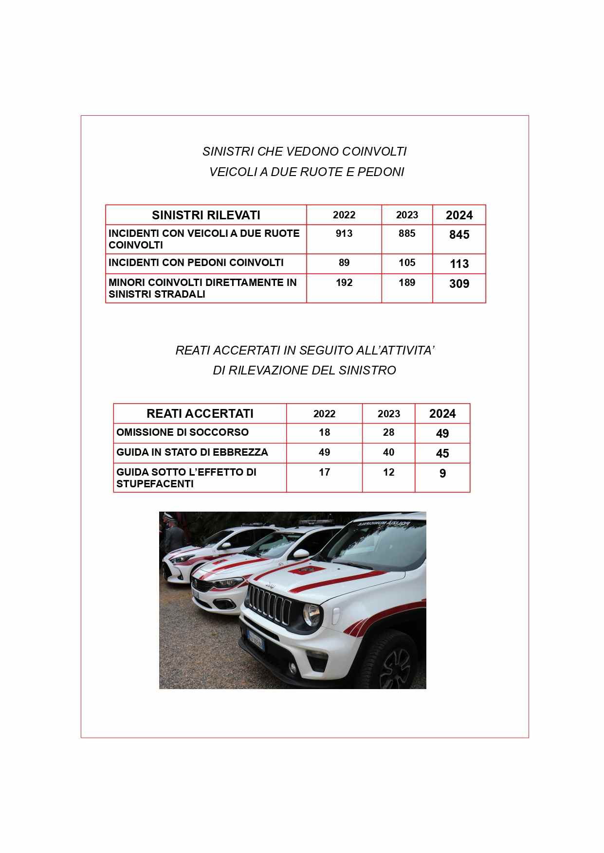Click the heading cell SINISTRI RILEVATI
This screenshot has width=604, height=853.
click(x=206, y=215)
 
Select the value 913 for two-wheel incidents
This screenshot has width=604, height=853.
click(x=344, y=233)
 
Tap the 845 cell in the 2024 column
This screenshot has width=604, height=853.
click(x=459, y=235)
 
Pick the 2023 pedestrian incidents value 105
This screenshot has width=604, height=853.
click(x=407, y=263)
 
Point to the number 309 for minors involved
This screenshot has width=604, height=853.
click(x=459, y=284)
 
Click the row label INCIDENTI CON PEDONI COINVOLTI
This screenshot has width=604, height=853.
click(x=196, y=263)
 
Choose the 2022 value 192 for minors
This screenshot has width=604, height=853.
click(x=344, y=283)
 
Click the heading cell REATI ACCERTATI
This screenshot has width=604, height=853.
click(x=200, y=413)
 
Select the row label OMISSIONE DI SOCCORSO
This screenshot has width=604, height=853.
click(x=182, y=432)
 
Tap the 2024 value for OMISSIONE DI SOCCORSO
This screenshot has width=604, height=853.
click(x=442, y=434)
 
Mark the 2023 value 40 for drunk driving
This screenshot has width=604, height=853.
click(x=388, y=452)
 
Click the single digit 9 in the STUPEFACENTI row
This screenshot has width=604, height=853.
click(x=442, y=474)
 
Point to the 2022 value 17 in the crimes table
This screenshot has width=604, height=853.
click(x=324, y=472)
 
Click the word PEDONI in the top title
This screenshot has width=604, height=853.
click(x=381, y=172)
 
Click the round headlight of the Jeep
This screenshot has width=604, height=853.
click(x=312, y=615)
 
